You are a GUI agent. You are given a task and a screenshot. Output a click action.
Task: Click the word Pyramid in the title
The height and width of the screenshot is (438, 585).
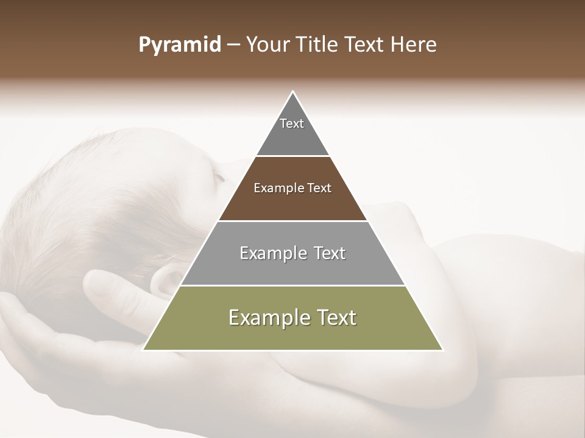pyautogui.click(x=180, y=45)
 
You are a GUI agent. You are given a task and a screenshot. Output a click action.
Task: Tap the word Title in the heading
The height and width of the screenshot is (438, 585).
pyautogui.click(x=319, y=45)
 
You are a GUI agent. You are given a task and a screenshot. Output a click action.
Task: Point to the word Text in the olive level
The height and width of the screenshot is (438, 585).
pyautogui.click(x=336, y=318)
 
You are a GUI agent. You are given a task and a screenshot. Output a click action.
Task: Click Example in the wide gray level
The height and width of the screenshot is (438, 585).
pyautogui.click(x=271, y=253)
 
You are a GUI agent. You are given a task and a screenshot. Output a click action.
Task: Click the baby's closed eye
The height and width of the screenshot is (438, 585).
pyautogui.click(x=218, y=177)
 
